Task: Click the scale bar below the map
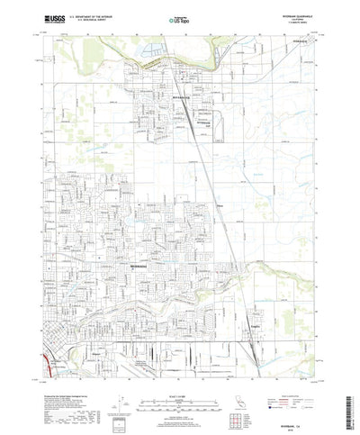click(x=180, y=382)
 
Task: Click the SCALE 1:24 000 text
click(x=180, y=371)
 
